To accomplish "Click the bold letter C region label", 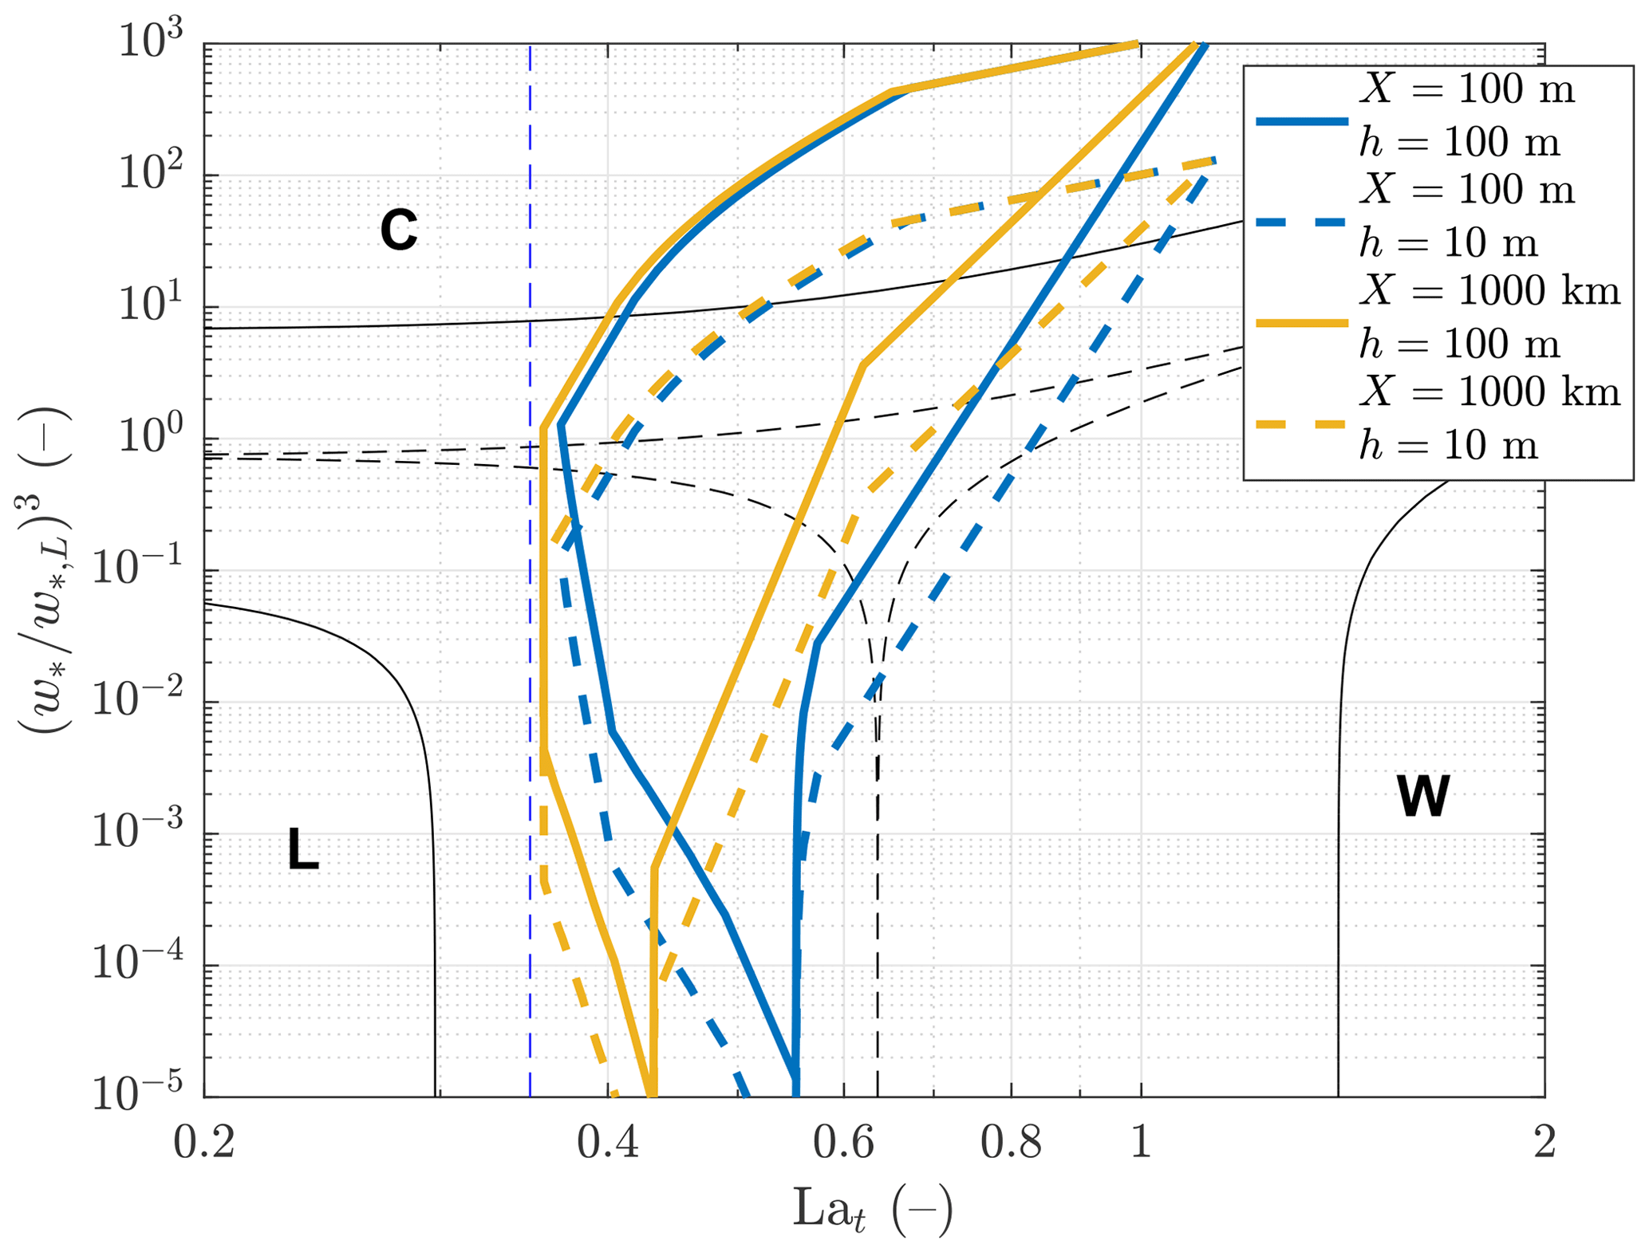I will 398,230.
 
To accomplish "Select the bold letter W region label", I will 1423,795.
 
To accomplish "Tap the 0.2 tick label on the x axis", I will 204,1142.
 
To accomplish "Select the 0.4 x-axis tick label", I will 608,1142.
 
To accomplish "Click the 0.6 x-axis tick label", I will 844,1142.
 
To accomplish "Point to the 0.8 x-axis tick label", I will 1011,1142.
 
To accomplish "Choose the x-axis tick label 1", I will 1141,1142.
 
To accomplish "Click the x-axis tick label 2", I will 1544,1142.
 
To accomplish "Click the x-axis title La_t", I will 872,1210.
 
